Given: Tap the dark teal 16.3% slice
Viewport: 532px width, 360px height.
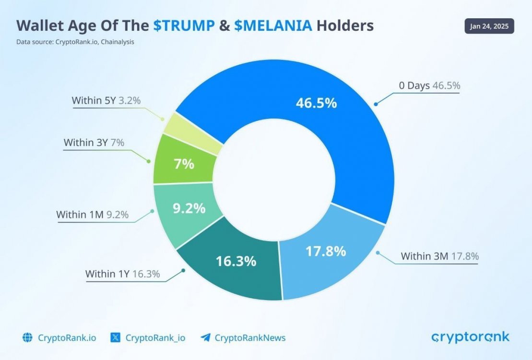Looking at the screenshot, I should pyautogui.click(x=235, y=262).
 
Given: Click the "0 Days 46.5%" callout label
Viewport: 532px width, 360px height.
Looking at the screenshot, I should pyautogui.click(x=429, y=86).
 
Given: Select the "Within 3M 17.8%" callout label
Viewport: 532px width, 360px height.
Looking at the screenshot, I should pyautogui.click(x=439, y=256).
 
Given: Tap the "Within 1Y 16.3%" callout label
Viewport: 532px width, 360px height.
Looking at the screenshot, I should pyautogui.click(x=122, y=274).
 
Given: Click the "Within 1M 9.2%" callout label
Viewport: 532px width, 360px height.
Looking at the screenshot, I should pyautogui.click(x=92, y=215).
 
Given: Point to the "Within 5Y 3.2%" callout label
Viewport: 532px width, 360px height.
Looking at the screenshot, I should pyautogui.click(x=106, y=101).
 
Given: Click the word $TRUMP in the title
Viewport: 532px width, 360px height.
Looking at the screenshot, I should pyautogui.click(x=184, y=25).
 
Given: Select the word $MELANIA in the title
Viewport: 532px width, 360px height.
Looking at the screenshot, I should pyautogui.click(x=273, y=25).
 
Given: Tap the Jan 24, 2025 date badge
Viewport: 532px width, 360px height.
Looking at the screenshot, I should pyautogui.click(x=489, y=26).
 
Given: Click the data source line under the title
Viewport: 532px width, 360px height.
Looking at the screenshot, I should pyautogui.click(x=75, y=42).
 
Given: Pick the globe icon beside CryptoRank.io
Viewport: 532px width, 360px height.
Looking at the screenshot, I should pyautogui.click(x=27, y=337).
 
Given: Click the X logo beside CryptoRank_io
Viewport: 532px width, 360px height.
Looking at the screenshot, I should pyautogui.click(x=116, y=337).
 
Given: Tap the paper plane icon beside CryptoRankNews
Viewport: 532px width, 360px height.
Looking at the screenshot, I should pyautogui.click(x=205, y=337).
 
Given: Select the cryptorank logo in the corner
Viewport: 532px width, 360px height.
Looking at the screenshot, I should pyautogui.click(x=471, y=337).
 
